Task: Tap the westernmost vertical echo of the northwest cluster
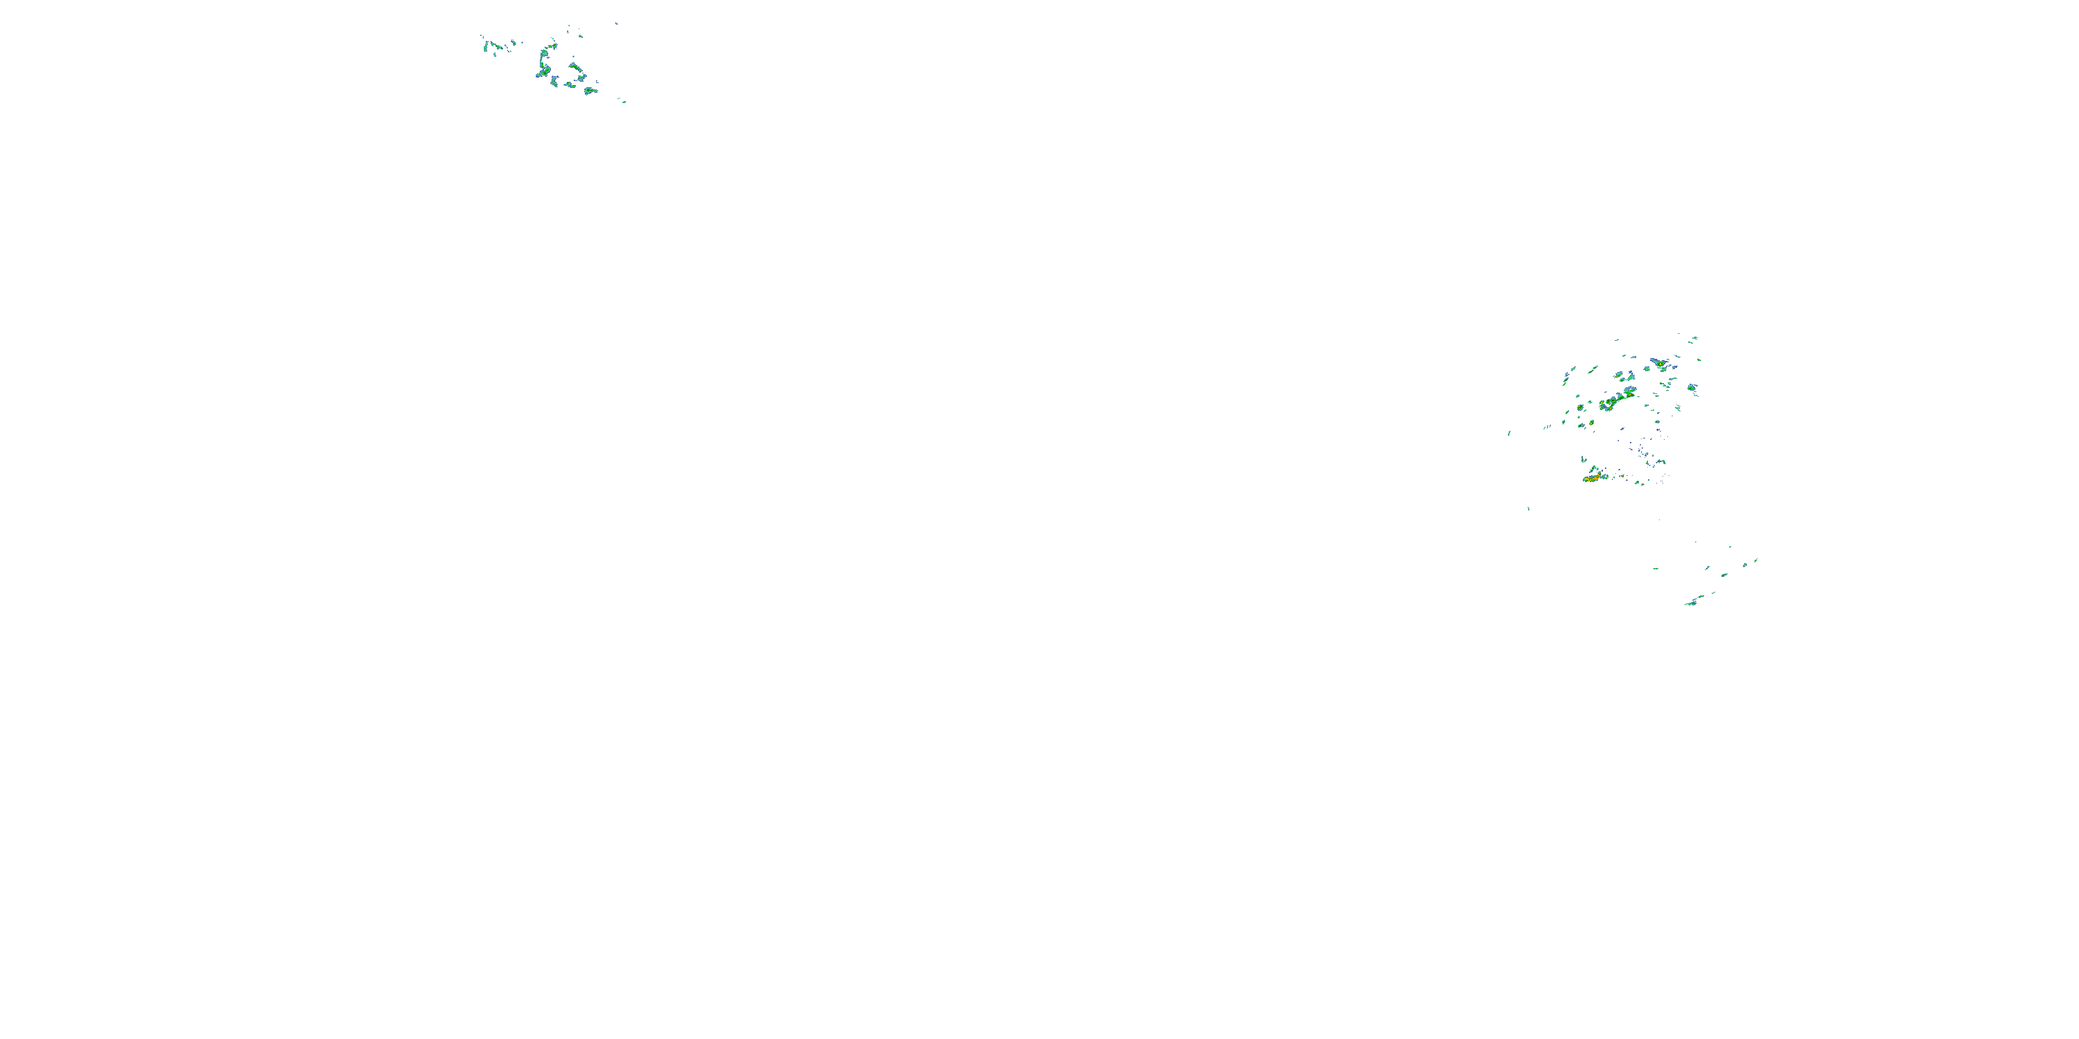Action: coord(485,47)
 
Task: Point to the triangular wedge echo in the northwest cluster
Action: coord(574,67)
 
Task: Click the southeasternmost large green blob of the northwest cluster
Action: coord(590,90)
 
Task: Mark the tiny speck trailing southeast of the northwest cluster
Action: coord(622,101)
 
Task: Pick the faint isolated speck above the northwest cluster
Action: coord(616,24)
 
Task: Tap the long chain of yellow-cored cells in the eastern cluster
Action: coord(1617,398)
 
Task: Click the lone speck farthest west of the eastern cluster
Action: coord(1509,433)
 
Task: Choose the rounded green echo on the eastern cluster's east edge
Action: coord(1692,389)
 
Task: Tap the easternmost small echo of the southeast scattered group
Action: coord(1755,560)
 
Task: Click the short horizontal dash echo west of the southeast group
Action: coord(1656,569)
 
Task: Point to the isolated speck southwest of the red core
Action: coord(1529,508)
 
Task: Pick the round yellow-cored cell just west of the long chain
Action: coord(1580,407)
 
